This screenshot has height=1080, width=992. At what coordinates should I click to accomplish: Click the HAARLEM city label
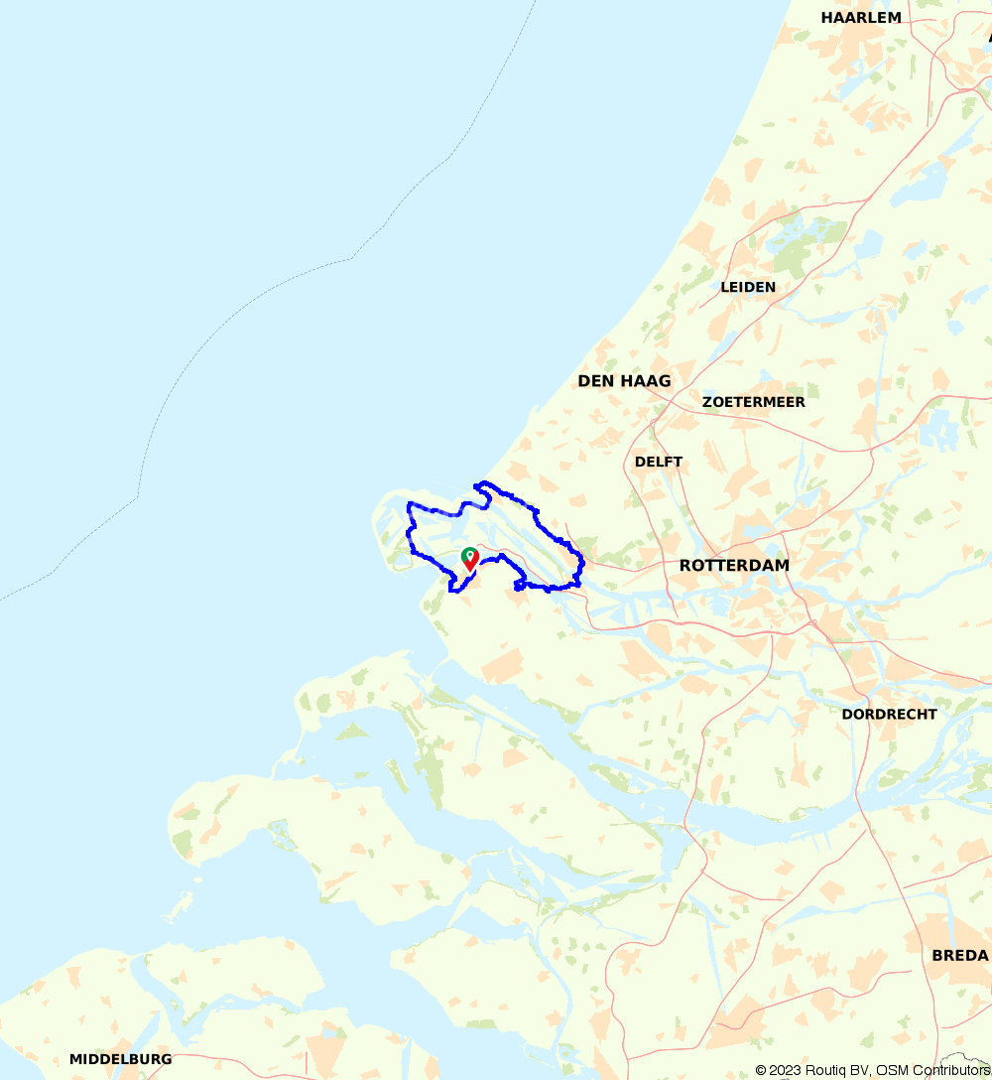(x=861, y=17)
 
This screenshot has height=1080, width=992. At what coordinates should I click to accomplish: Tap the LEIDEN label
(x=748, y=287)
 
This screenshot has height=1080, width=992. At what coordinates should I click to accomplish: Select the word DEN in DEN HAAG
(x=597, y=381)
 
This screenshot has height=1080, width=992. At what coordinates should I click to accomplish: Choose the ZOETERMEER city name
(x=753, y=402)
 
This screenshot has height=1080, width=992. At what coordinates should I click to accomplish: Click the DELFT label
(x=659, y=462)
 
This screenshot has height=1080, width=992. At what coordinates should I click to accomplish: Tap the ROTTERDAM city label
(x=734, y=565)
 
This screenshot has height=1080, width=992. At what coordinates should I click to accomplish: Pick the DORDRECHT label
(x=889, y=714)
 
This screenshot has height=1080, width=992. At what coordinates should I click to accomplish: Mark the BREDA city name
(x=959, y=955)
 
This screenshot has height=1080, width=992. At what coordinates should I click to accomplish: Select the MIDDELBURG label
(x=120, y=1059)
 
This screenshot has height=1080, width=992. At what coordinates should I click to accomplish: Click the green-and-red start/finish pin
(x=470, y=559)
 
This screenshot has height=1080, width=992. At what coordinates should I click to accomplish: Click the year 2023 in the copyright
(x=788, y=1070)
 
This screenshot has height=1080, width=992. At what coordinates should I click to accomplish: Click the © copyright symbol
(x=761, y=1070)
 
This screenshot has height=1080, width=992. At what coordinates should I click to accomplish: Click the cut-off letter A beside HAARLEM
(x=987, y=37)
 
